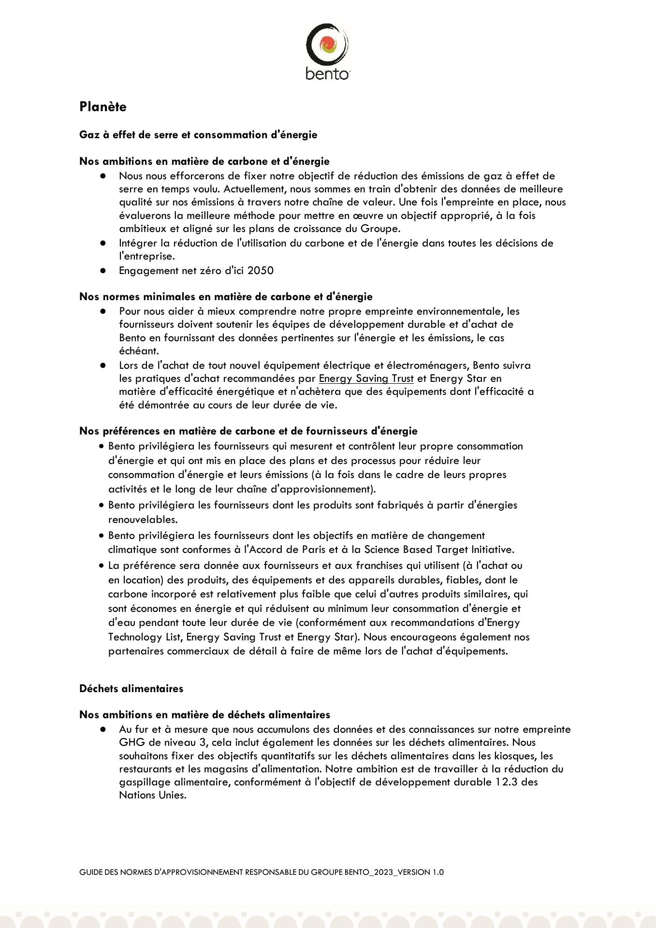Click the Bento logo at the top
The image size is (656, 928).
click(327, 51)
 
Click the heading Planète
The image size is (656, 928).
click(102, 107)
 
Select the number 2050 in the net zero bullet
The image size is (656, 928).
click(260, 271)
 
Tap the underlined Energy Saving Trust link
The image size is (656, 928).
click(366, 378)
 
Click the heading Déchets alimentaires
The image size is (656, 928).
click(131, 688)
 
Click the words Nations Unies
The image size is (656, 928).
click(152, 795)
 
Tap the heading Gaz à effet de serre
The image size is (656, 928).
click(198, 135)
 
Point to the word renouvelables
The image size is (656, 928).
click(143, 520)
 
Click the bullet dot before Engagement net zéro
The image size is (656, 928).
click(103, 271)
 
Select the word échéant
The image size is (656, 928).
click(138, 351)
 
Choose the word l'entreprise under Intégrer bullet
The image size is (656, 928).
click(146, 256)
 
